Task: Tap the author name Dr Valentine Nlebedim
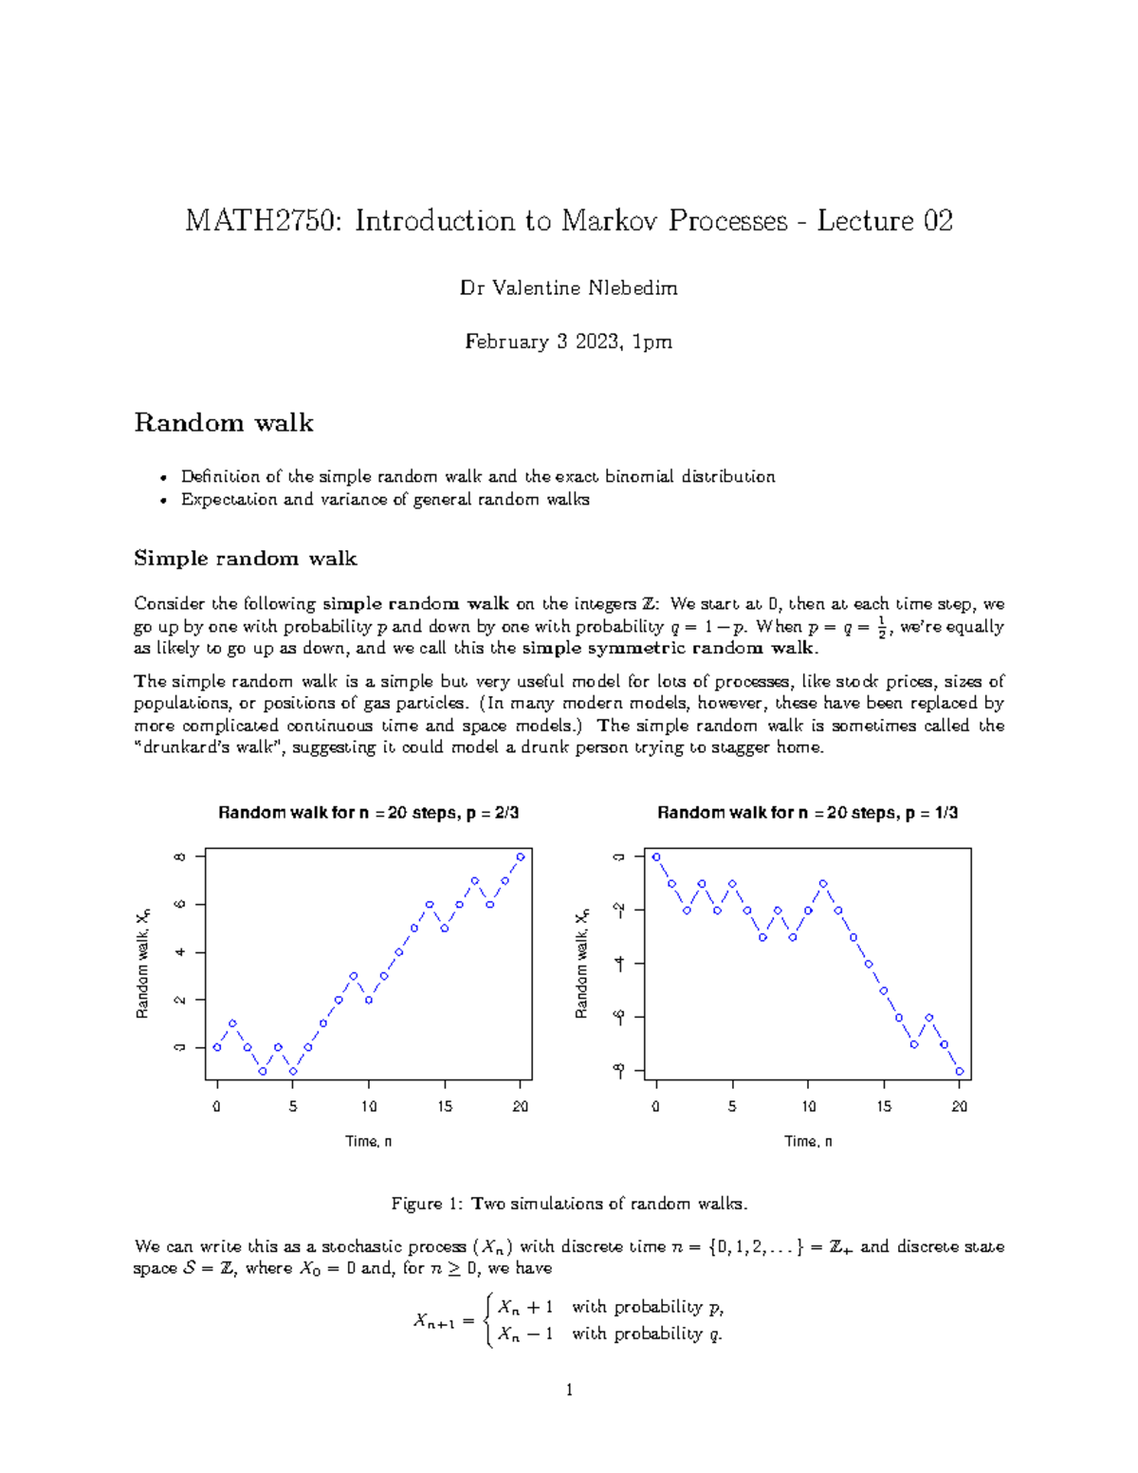(x=568, y=287)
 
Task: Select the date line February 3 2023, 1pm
(x=568, y=341)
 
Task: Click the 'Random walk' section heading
(x=224, y=422)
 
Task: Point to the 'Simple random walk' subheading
(x=245, y=558)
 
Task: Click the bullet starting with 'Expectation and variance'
(x=385, y=500)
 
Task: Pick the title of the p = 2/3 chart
(x=368, y=813)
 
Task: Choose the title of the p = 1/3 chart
(x=807, y=813)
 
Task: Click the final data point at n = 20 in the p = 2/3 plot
(x=521, y=856)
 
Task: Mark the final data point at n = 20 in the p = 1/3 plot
(x=960, y=1072)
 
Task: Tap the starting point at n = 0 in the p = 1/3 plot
(x=656, y=856)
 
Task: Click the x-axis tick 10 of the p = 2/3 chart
(x=369, y=1106)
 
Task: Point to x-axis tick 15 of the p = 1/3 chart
(x=884, y=1106)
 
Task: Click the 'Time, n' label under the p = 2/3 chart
(x=368, y=1141)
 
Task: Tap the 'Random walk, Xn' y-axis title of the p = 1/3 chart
(x=582, y=963)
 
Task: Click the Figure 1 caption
(x=569, y=1204)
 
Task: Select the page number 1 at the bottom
(x=569, y=1390)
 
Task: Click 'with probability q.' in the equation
(x=647, y=1334)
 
